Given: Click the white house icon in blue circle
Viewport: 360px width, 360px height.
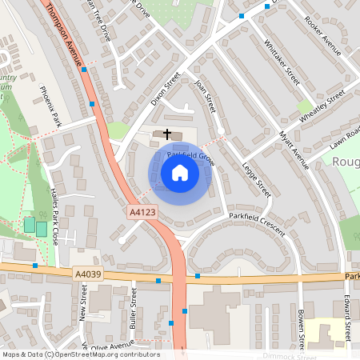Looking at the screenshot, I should tap(180, 172).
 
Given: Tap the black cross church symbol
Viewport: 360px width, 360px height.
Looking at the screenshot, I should tap(168, 134).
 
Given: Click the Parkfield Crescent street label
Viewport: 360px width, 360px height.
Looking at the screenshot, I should tap(256, 223).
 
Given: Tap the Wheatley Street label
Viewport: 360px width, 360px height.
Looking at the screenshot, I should tap(322, 106).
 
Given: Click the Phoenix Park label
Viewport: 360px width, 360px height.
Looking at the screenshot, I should tap(50, 108).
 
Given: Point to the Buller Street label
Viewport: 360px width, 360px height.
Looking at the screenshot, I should tap(134, 307).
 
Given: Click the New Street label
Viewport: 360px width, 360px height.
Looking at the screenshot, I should tap(82, 309).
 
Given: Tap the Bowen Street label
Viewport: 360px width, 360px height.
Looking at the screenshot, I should tap(301, 328).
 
